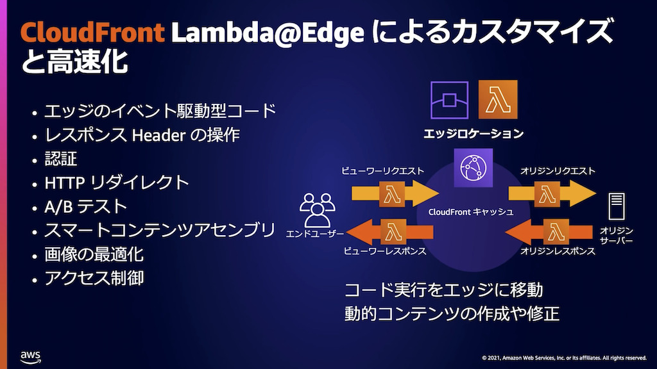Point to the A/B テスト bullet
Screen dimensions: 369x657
85,206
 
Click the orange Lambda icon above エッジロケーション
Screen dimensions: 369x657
498,100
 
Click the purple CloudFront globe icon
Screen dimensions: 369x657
474,168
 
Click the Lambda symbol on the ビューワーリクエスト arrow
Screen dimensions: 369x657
391,193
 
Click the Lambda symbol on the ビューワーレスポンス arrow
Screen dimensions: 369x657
391,231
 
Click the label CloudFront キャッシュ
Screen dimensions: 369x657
470,211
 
